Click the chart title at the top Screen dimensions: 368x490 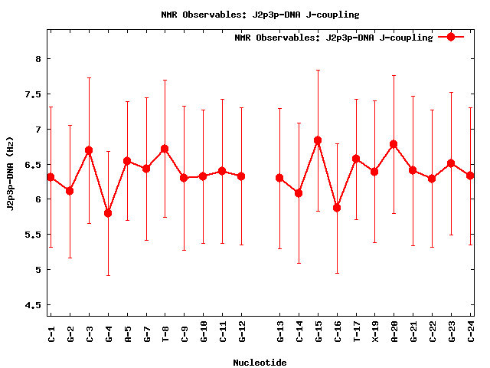coord(260,15)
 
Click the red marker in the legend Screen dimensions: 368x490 coord(451,37)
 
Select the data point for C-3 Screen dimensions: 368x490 coord(89,150)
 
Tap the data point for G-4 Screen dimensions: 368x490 coord(108,213)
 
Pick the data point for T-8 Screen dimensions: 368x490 coord(165,149)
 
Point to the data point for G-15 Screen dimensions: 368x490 coord(318,140)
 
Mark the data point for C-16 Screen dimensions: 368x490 coord(337,208)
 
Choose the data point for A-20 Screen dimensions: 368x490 coord(394,144)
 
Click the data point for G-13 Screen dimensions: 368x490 coord(279,178)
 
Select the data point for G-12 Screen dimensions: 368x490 coord(241,176)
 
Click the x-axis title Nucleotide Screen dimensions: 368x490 coord(260,363)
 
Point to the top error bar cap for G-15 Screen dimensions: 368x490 coord(318,70)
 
